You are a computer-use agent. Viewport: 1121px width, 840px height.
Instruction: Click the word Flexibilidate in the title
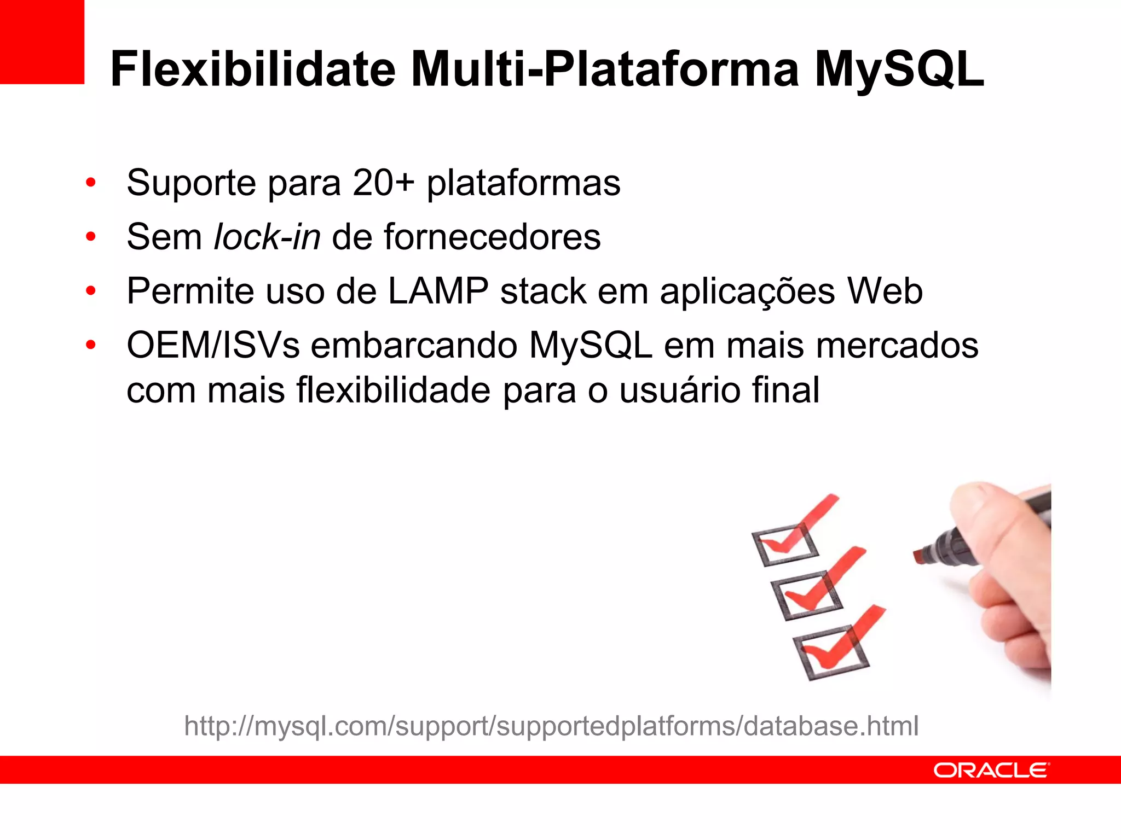pos(252,69)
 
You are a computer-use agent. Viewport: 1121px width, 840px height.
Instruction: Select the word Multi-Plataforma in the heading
pos(604,69)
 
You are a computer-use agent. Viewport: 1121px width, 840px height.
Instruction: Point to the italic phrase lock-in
pos(267,237)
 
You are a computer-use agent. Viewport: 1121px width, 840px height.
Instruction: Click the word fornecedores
pos(492,237)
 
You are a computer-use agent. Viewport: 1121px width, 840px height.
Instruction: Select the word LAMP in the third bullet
pos(438,291)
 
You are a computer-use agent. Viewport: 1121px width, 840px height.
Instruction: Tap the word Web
pos(885,291)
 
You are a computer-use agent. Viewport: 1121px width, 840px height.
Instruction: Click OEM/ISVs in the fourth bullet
pos(213,346)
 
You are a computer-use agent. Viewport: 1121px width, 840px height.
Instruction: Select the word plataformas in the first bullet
pos(523,183)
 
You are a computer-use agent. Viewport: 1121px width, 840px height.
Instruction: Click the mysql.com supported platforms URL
pos(551,726)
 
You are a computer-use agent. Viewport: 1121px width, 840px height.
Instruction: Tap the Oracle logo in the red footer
pos(991,770)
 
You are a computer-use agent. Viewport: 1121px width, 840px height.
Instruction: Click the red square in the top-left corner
pos(42,42)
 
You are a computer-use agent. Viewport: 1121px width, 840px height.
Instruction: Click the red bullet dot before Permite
pos(91,291)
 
